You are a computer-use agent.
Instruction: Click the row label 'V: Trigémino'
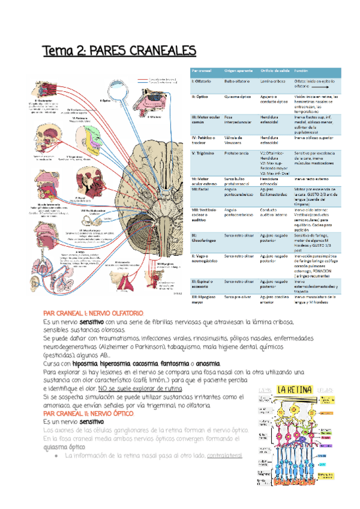coord(205,152)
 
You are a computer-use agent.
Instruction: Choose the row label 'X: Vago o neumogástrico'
coord(205,258)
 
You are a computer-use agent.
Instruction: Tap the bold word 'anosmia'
coord(206,364)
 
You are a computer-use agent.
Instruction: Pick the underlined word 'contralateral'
coord(224,456)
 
